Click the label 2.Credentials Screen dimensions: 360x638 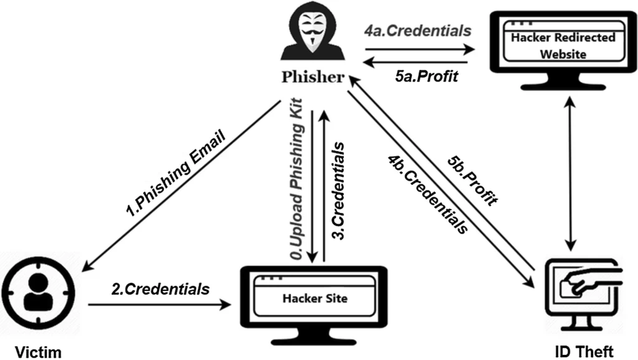pos(160,288)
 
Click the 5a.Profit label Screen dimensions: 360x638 pos(427,76)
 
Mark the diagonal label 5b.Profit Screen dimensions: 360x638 pos(474,181)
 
